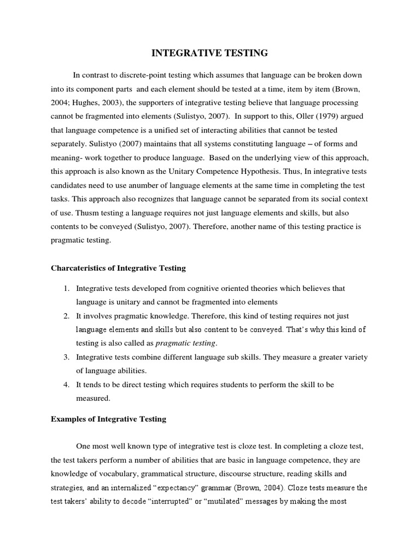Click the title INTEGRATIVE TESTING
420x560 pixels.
pyautogui.click(x=209, y=53)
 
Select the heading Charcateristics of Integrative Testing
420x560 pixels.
pyautogui.click(x=118, y=268)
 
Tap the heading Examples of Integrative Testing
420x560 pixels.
pyautogui.click(x=108, y=419)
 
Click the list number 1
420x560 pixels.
pyautogui.click(x=65, y=288)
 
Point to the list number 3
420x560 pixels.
pyautogui.click(x=65, y=357)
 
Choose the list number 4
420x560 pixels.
pyautogui.click(x=65, y=384)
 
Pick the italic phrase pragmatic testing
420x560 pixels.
pyautogui.click(x=186, y=343)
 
